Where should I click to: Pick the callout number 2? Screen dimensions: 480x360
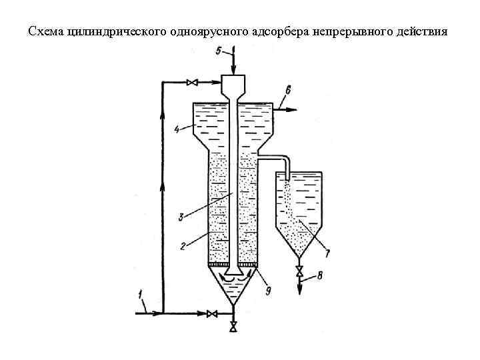181,246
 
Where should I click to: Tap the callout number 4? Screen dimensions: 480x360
177,129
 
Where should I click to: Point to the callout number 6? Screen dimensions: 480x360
288,89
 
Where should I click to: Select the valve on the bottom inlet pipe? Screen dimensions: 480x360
212,313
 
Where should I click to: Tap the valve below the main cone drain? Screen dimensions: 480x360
233,326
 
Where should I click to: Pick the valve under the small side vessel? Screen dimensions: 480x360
299,271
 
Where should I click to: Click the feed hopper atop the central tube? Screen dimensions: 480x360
233,85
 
